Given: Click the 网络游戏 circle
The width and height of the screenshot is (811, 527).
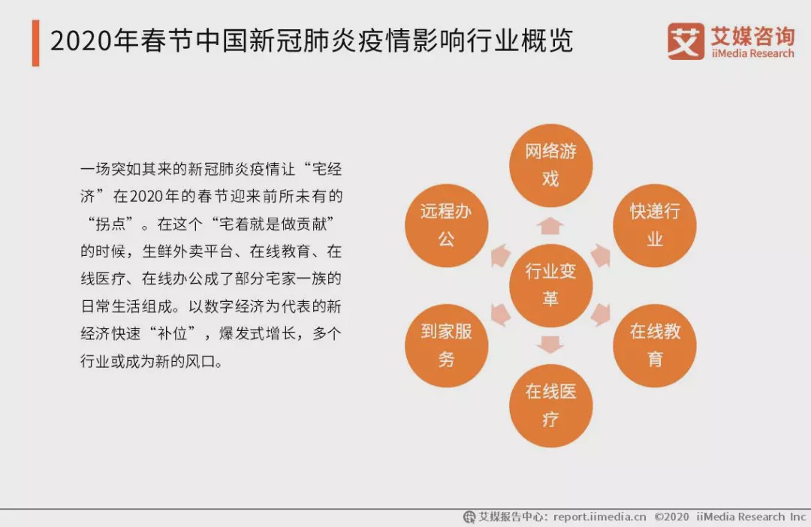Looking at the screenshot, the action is (x=551, y=165).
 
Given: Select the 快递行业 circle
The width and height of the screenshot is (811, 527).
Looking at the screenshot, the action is (x=655, y=225).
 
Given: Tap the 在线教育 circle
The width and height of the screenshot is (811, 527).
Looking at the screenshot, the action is (x=655, y=345).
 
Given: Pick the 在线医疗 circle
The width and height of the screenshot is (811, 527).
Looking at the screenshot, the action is (x=551, y=405).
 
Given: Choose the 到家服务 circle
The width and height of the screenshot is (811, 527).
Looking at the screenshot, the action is (x=447, y=345).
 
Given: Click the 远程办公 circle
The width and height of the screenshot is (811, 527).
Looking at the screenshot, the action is (x=447, y=225).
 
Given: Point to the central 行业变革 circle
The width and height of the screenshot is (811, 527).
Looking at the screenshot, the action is (x=551, y=285).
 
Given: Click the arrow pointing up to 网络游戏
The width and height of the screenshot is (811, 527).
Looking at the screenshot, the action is (x=550, y=226).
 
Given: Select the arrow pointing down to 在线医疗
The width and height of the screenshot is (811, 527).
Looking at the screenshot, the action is (x=550, y=345).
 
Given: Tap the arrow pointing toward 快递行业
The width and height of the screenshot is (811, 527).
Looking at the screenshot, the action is (x=601, y=255).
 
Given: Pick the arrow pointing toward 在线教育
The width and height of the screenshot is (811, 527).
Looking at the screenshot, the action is (x=601, y=315).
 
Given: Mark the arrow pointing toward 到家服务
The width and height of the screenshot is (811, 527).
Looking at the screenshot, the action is (x=501, y=315).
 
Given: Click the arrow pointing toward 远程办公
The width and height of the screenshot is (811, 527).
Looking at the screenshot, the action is (x=501, y=255).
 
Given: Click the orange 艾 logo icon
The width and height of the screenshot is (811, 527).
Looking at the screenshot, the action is (x=686, y=41).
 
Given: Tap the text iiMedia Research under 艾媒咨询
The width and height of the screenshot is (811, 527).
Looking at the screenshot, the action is (x=752, y=53).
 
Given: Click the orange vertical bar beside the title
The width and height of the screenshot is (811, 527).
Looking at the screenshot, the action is (x=36, y=43).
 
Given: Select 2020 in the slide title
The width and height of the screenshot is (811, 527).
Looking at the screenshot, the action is (x=81, y=41).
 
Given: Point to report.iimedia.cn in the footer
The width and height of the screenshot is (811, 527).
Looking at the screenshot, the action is (x=599, y=516).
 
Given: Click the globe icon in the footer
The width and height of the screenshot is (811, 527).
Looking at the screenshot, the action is (x=469, y=516).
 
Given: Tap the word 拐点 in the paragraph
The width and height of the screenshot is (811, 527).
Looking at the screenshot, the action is (x=110, y=224).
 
